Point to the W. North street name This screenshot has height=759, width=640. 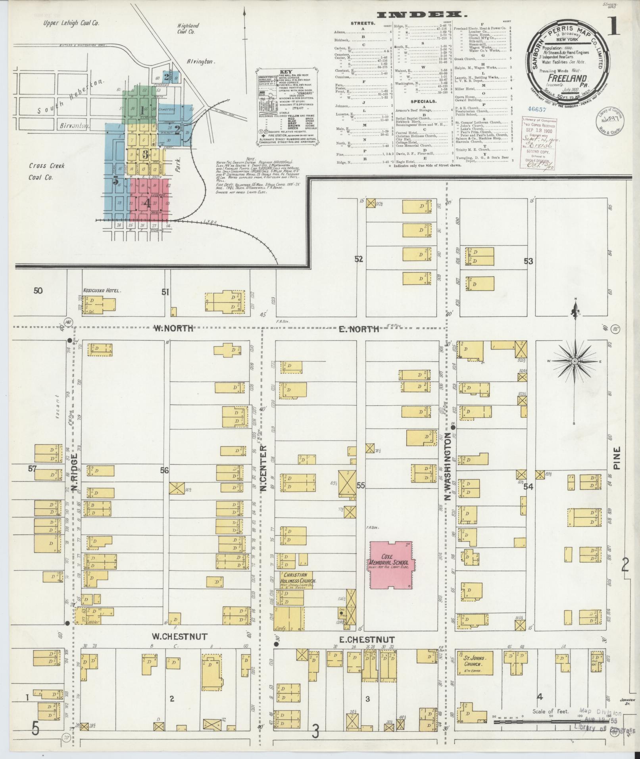(x=173, y=328)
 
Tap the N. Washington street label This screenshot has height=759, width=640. (x=448, y=467)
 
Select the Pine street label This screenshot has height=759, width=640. (x=616, y=459)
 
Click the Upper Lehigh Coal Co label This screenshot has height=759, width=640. (x=71, y=23)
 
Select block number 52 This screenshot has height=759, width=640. (x=359, y=259)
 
